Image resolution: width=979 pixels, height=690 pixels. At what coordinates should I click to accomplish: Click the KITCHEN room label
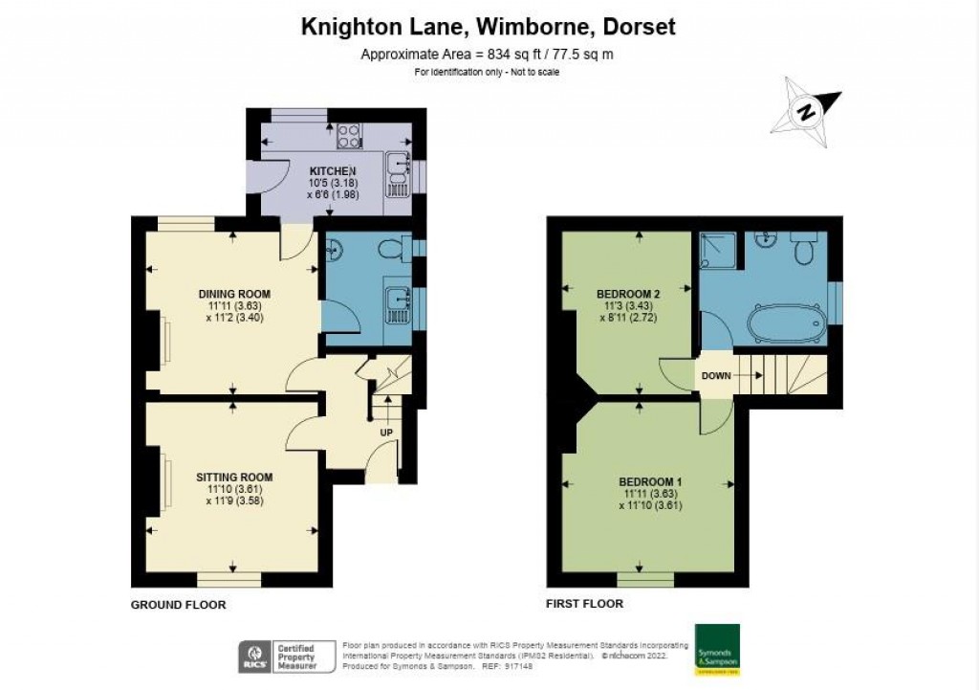325,170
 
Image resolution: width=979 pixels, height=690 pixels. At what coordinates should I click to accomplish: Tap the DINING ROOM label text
234,293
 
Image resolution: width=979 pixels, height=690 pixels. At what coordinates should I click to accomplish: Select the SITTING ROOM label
234,477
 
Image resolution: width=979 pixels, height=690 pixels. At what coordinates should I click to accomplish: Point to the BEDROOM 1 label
649,481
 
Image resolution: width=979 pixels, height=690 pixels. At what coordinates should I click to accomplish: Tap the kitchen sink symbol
398,168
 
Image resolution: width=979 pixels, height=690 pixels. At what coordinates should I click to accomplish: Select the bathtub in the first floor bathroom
785,323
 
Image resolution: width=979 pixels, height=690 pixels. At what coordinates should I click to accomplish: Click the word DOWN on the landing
716,376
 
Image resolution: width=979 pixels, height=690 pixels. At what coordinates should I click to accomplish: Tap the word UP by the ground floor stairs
386,432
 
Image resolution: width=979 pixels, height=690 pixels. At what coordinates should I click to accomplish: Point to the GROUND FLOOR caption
178,605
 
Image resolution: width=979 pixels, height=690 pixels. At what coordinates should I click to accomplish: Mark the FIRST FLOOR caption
584,604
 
